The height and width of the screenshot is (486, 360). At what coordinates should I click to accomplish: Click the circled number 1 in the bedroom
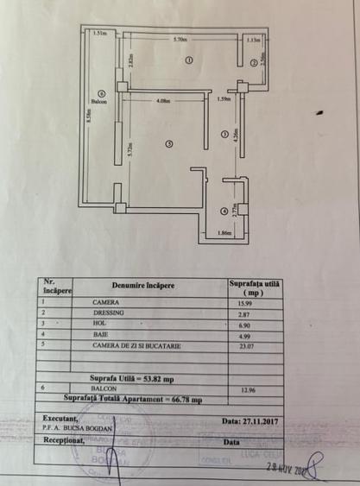(x=188, y=58)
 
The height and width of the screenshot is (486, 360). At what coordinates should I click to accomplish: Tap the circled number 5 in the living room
(x=170, y=142)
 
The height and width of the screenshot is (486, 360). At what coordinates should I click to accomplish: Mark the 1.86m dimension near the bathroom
(x=224, y=233)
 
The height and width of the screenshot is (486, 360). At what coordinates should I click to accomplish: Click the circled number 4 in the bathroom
(x=224, y=211)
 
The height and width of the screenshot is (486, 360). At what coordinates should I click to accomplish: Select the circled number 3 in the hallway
(x=224, y=133)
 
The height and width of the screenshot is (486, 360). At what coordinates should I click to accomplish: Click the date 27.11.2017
(x=256, y=420)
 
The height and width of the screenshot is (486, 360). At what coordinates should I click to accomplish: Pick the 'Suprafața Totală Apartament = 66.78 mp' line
(x=134, y=400)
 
